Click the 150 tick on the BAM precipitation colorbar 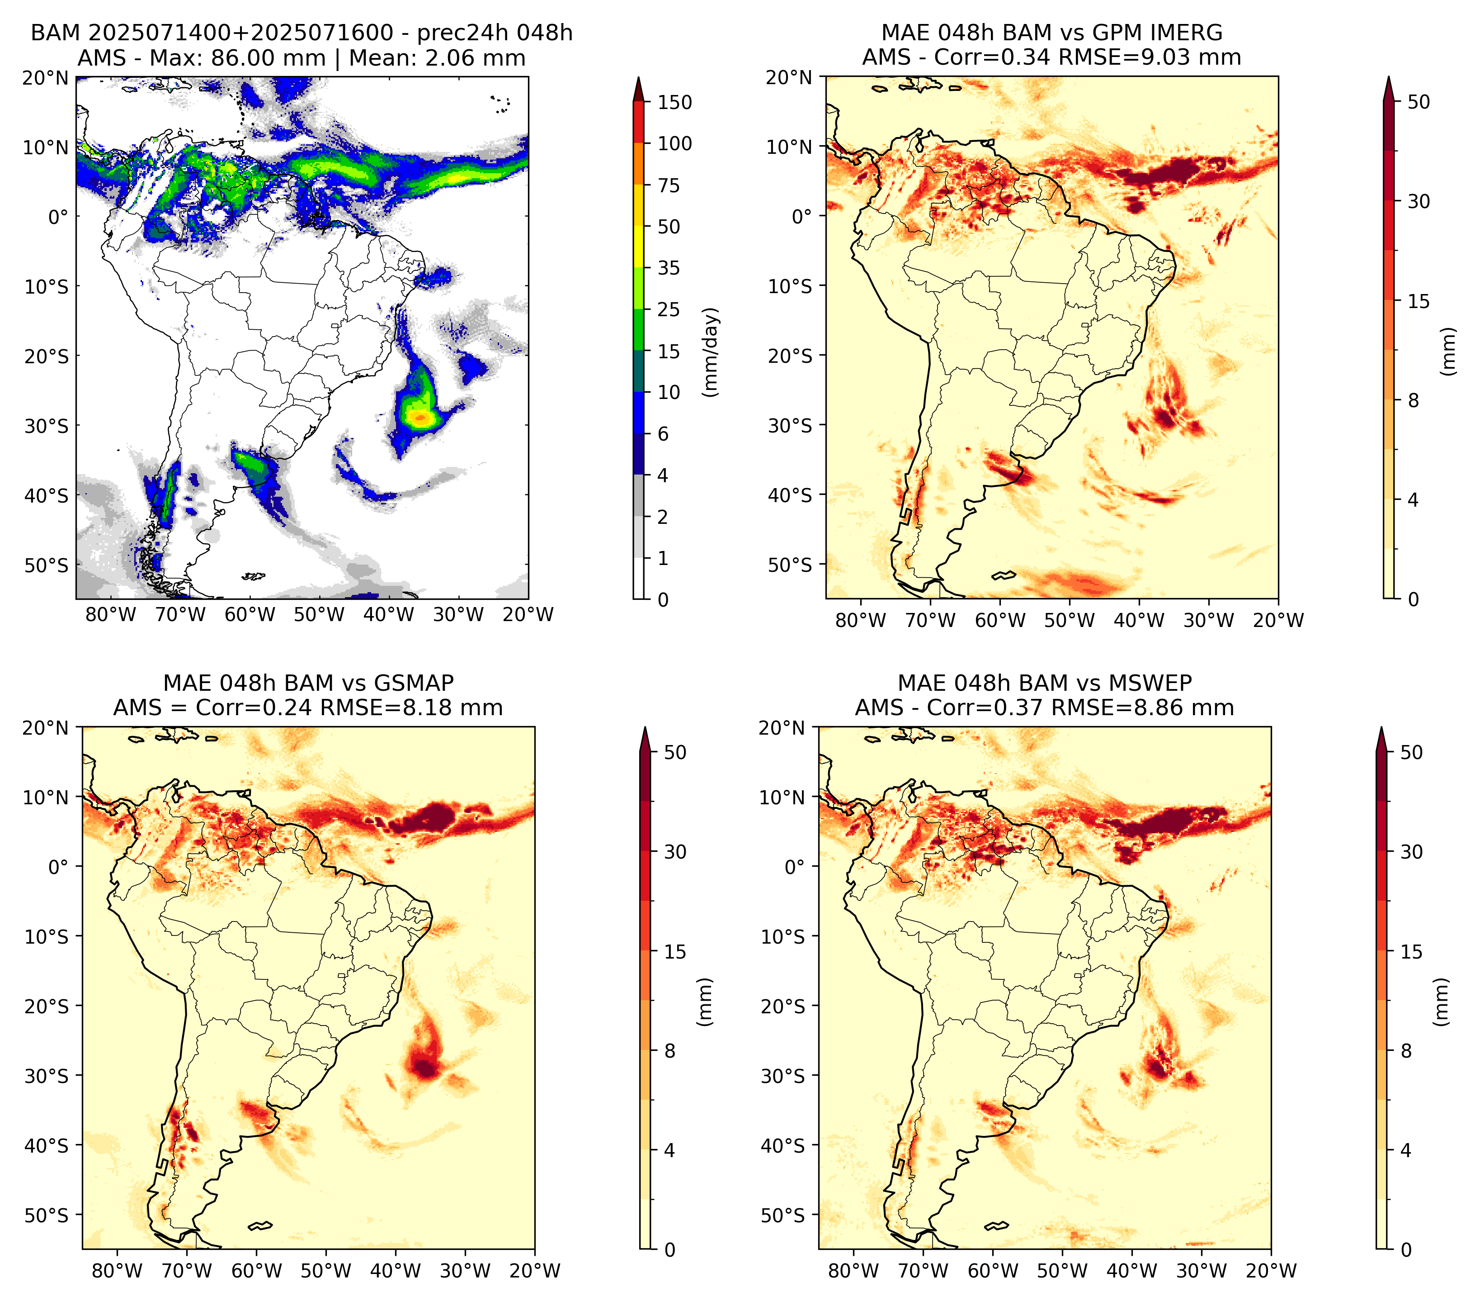(x=675, y=103)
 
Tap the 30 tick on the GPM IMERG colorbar (x=1419, y=201)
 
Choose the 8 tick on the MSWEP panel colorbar (x=1406, y=1051)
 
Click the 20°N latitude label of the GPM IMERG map (x=789, y=77)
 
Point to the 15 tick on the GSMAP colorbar (x=675, y=952)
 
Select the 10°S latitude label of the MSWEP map (x=784, y=937)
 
